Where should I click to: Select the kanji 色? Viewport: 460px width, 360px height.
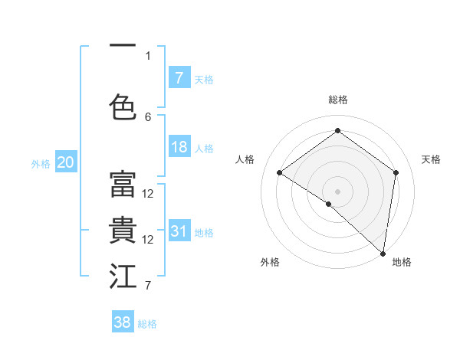123,106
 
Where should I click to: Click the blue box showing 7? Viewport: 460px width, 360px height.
179,77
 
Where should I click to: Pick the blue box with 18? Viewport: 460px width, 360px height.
179,147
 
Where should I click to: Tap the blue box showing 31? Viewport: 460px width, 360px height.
179,231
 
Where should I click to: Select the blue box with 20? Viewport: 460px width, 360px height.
66,162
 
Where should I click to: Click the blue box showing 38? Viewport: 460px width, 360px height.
123,322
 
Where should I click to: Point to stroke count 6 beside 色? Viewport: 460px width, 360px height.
148,116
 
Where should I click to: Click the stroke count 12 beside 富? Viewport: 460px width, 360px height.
148,193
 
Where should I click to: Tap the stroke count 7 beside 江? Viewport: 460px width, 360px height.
148,286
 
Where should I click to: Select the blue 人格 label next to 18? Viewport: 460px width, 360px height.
204,148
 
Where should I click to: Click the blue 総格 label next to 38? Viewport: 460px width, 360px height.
147,323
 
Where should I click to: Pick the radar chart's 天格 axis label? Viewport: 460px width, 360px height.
431,159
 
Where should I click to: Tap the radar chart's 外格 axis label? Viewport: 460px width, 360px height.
269,262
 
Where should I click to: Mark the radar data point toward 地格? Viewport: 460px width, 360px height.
383,254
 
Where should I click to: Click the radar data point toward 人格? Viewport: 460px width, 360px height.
280,172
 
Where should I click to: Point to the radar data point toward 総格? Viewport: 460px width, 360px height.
337,131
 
